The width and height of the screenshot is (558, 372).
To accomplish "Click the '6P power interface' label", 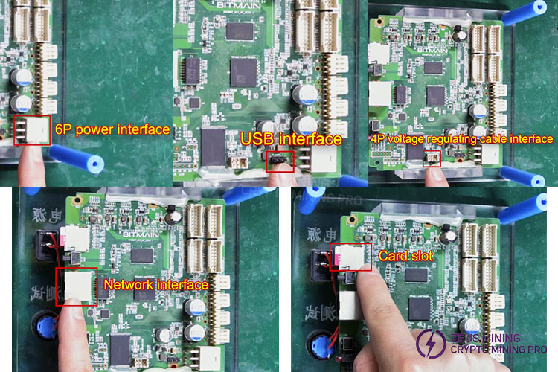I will (x=112, y=129).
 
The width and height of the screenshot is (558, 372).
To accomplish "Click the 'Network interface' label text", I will (x=155, y=283).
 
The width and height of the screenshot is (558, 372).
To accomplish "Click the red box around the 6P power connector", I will (x=32, y=129).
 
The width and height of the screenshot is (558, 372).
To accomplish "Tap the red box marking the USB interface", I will (x=280, y=161).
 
